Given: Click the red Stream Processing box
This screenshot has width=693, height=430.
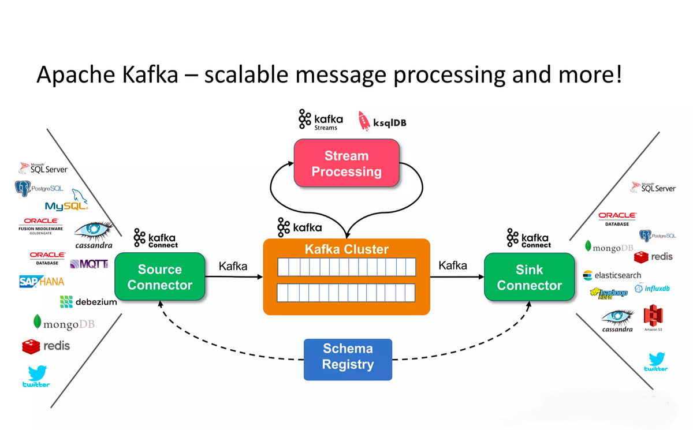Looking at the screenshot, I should click(x=346, y=163).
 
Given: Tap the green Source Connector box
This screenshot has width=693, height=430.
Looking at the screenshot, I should click(x=160, y=277).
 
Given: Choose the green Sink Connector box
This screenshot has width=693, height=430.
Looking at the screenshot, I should click(x=530, y=277).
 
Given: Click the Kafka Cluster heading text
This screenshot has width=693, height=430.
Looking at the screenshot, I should click(x=346, y=249).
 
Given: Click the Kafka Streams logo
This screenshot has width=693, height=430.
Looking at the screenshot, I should click(x=321, y=119).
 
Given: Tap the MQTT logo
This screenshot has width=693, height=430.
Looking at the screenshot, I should click(x=89, y=264).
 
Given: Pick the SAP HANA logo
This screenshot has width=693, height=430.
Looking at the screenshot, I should click(x=41, y=282).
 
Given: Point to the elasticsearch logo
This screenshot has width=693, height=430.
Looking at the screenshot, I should click(x=612, y=275).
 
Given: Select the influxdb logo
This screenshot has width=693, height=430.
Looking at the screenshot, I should click(x=654, y=289).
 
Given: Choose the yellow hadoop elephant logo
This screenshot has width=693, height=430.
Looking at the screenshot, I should click(x=609, y=293).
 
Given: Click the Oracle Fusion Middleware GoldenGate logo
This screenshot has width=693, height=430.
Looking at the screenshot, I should click(x=40, y=225).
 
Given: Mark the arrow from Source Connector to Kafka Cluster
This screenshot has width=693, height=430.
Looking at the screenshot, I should click(x=234, y=277).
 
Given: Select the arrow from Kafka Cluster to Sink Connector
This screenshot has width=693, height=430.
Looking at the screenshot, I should click(x=457, y=277).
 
